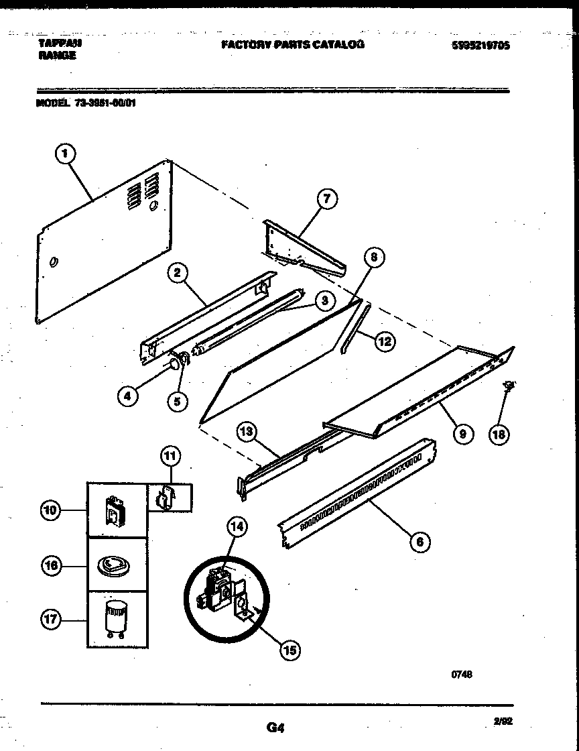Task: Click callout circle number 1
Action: tap(64, 156)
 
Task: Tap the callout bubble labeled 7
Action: tap(326, 198)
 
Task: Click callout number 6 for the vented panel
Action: tap(420, 542)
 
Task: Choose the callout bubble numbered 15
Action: tap(290, 649)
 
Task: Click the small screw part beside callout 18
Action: tap(509, 386)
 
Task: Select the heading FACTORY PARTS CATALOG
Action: tap(293, 44)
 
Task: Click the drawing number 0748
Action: tap(462, 675)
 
